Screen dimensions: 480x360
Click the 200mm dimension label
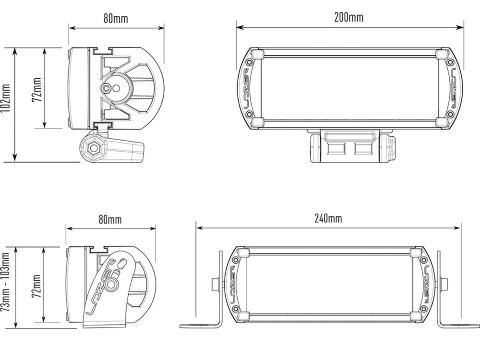click(349, 17)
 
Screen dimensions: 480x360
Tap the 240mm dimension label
click(328, 218)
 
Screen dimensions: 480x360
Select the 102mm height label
click(6, 98)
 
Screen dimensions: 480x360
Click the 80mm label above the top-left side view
click(116, 19)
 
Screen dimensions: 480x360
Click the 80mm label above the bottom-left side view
click(110, 219)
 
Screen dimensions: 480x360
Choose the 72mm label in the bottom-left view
click(36, 286)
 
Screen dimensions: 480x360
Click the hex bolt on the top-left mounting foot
click(93, 149)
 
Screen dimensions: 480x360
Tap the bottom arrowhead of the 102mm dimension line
click(14, 157)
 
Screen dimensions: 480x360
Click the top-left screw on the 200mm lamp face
click(249, 62)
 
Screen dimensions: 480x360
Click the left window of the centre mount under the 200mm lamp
click(336, 149)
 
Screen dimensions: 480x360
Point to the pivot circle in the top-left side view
click(106, 88)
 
